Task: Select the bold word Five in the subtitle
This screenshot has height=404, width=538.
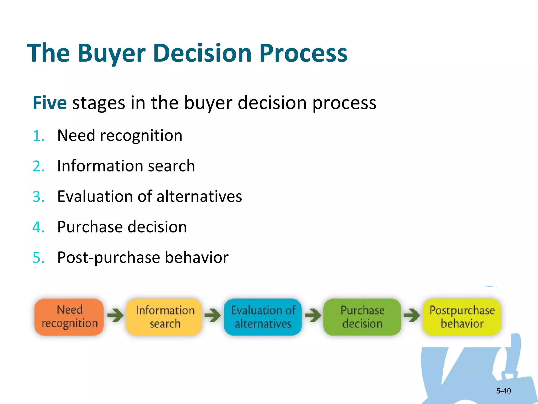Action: click(50, 103)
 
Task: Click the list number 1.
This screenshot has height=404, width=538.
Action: click(38, 136)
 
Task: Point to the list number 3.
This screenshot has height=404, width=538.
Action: click(38, 197)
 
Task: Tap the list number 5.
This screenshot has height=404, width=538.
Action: click(38, 257)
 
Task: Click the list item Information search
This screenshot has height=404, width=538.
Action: click(126, 166)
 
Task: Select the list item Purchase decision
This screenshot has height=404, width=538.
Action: click(122, 227)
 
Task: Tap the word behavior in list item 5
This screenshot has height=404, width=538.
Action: click(196, 257)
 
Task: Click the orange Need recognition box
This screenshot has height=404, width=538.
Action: click(69, 317)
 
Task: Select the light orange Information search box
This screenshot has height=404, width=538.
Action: click(165, 317)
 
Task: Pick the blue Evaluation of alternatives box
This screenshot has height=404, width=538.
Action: click(263, 317)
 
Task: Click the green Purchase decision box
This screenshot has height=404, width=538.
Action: click(362, 317)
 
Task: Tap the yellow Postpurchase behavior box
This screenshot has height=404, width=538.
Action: click(462, 317)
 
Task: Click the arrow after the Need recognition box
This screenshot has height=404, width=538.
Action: click(115, 315)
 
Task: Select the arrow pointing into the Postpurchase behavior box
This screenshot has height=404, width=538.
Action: click(412, 315)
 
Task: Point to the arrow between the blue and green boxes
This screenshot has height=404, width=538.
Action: click(313, 315)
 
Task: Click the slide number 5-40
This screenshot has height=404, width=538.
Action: click(503, 391)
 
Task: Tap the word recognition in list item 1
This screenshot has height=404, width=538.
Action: click(141, 136)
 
